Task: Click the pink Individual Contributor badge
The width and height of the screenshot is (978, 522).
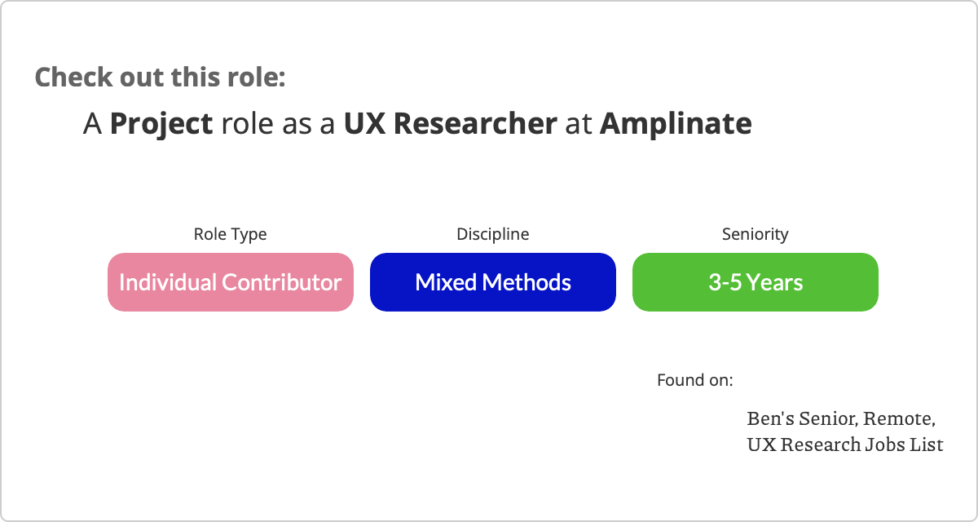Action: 231,282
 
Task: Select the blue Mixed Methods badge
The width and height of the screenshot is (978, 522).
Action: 493,282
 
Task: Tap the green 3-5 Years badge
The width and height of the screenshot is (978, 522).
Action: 756,282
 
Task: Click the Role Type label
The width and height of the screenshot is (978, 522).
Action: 230,235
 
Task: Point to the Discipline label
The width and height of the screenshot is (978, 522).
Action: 493,234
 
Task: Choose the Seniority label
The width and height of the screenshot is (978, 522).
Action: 756,235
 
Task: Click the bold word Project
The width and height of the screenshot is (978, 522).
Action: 161,124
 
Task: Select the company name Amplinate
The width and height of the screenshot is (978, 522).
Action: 676,124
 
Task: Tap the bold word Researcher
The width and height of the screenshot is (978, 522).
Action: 475,124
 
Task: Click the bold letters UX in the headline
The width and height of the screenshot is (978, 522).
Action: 364,124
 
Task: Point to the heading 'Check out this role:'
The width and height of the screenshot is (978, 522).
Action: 161,77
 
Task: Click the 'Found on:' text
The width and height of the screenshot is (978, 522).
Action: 695,380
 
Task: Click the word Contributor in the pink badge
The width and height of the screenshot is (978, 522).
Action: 282,282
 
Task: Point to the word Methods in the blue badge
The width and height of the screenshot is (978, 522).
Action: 526,282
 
